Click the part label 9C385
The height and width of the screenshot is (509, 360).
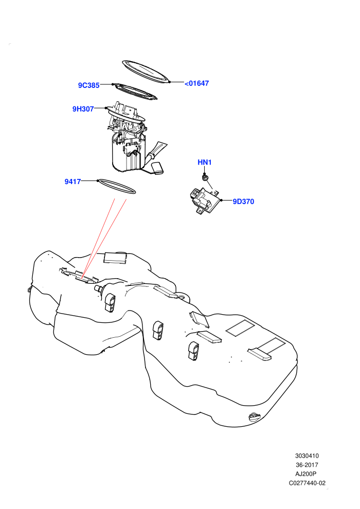click(88, 85)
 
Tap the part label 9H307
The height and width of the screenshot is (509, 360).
click(83, 109)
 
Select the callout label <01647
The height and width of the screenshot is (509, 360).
click(197, 83)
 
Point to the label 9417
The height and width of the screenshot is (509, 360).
click(73, 181)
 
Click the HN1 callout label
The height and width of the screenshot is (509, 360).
click(205, 162)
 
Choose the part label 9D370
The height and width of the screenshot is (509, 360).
click(243, 202)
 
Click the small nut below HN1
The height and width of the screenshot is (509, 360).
click(205, 177)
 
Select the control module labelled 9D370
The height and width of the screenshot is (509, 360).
click(204, 201)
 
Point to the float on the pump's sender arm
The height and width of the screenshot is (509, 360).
click(158, 168)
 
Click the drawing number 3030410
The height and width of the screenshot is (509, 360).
click(307, 456)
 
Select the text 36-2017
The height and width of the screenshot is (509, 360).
click(307, 465)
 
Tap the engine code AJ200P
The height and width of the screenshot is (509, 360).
click(307, 474)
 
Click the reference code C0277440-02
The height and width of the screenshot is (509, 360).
click(307, 483)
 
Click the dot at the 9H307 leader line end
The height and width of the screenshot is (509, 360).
click(106, 108)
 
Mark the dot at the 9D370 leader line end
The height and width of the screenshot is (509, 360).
click(222, 201)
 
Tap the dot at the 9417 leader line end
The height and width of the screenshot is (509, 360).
click(97, 180)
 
